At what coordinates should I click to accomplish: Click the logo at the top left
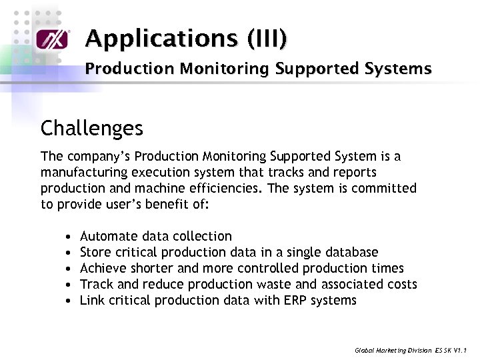[52, 39]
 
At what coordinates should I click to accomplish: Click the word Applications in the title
[163, 39]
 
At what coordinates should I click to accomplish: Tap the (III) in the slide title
[268, 39]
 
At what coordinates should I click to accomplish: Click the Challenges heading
[92, 127]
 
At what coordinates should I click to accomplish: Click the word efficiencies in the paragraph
[225, 188]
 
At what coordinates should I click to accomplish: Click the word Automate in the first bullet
[108, 236]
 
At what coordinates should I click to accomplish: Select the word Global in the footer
[365, 349]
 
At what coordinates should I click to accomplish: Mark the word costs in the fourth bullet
[401, 284]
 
